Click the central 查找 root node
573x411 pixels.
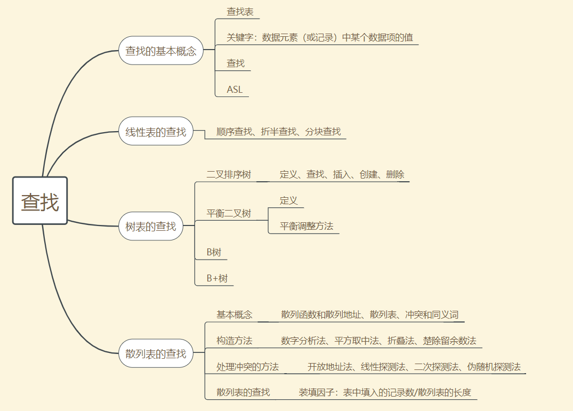click(x=40, y=201)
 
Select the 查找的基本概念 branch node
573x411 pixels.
click(x=161, y=51)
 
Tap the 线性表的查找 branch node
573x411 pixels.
click(x=156, y=132)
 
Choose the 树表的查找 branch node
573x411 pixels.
click(x=151, y=226)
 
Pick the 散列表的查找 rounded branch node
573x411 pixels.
click(x=156, y=353)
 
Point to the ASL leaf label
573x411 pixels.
click(x=235, y=90)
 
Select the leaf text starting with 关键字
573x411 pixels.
click(x=320, y=38)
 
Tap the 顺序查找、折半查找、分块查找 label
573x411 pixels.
click(x=279, y=132)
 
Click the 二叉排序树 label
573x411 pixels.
click(x=229, y=175)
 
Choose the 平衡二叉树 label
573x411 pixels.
click(x=229, y=214)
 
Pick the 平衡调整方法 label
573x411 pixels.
click(x=306, y=226)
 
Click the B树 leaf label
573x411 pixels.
click(x=214, y=252)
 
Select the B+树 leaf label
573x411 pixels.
click(x=217, y=278)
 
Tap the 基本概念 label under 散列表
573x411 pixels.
click(x=235, y=315)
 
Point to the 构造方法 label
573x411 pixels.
click(x=235, y=341)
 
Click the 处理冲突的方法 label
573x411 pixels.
click(x=247, y=367)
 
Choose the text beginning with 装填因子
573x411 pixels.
click(x=385, y=393)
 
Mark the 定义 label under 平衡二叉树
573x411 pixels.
click(x=289, y=200)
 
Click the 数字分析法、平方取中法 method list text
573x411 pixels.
click(x=378, y=341)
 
